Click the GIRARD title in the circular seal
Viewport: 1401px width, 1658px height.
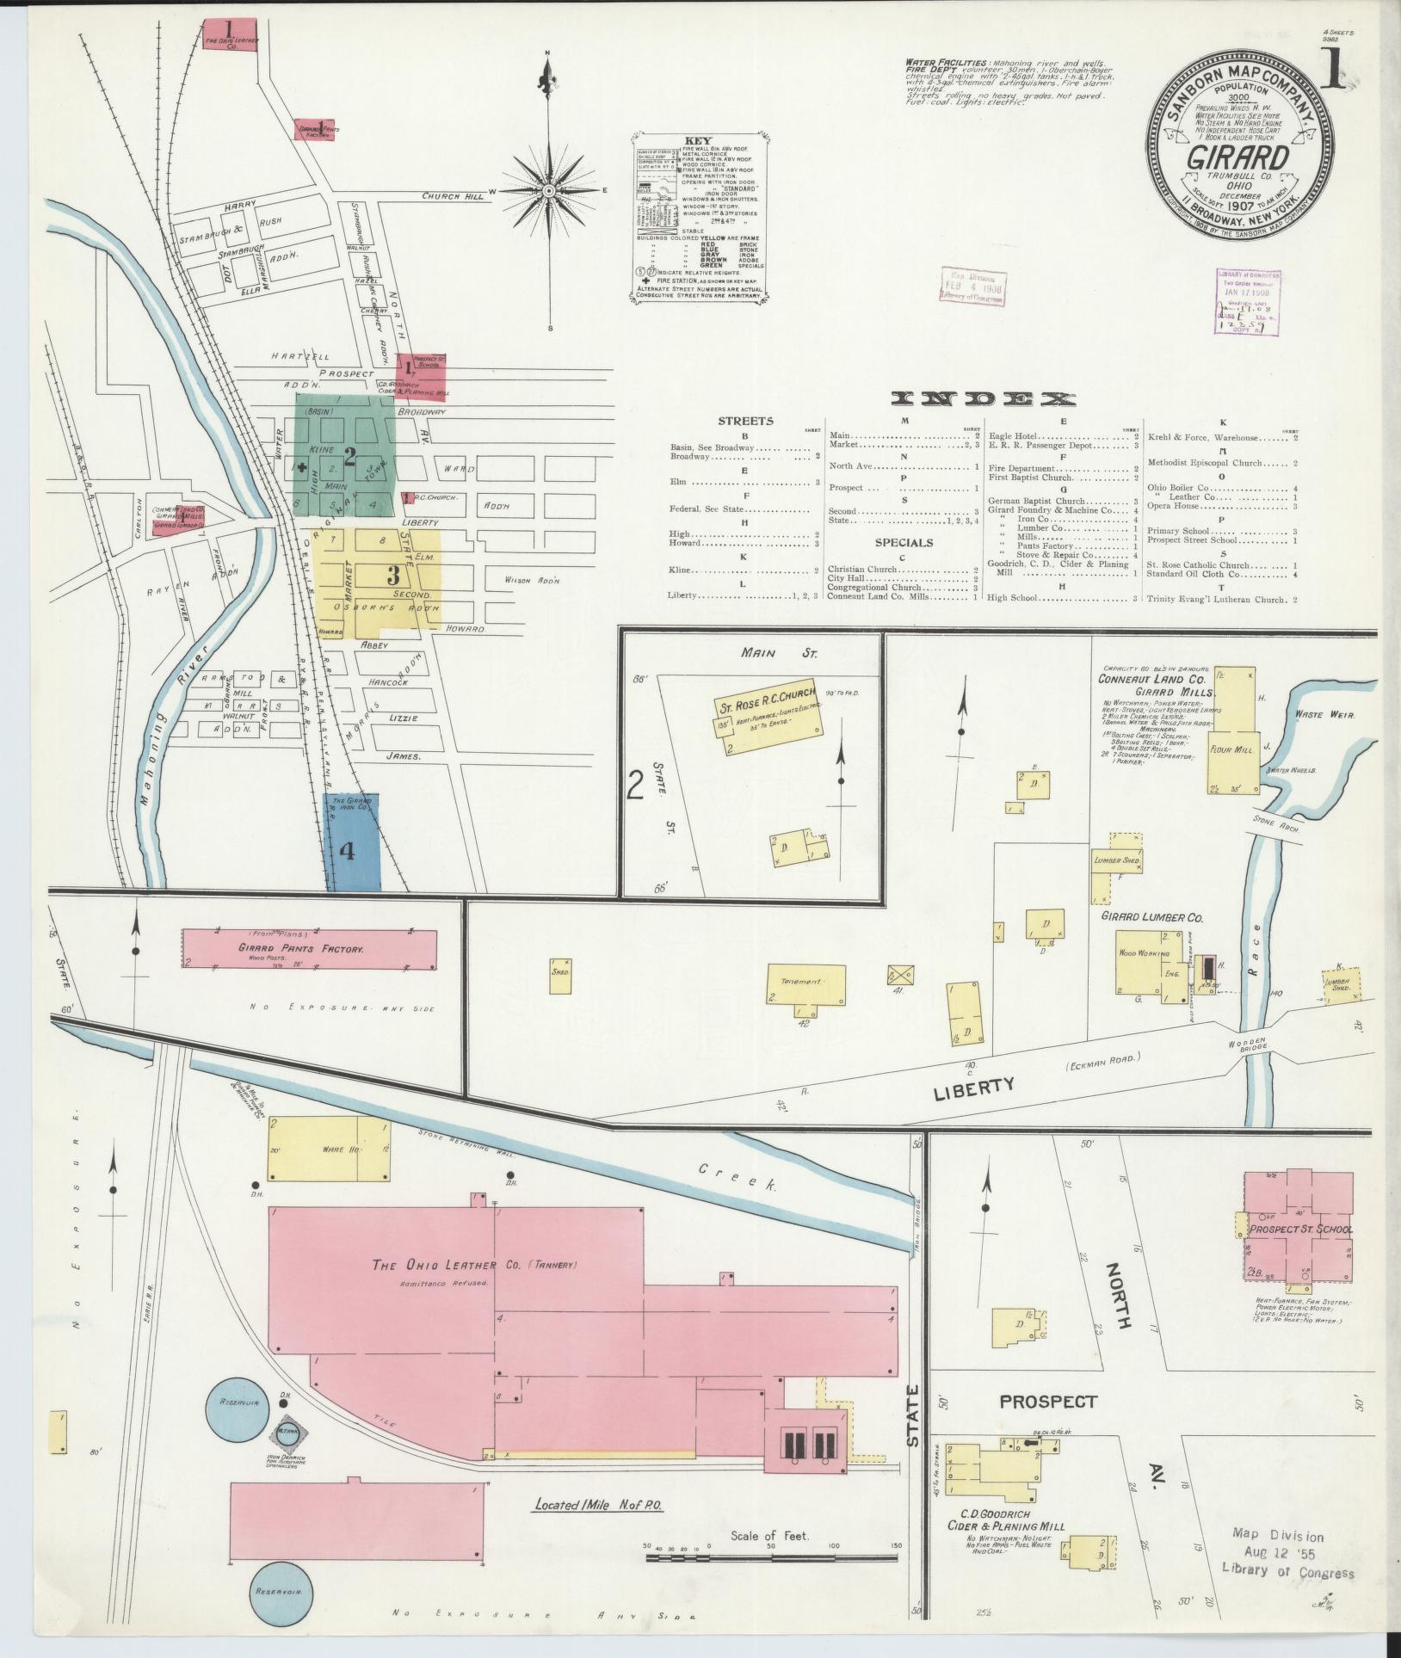1238,158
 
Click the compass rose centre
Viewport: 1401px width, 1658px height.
549,190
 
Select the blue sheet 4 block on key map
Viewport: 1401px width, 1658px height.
352,842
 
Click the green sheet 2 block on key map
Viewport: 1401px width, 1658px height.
348,455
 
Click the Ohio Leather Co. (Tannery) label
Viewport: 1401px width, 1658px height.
474,1266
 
